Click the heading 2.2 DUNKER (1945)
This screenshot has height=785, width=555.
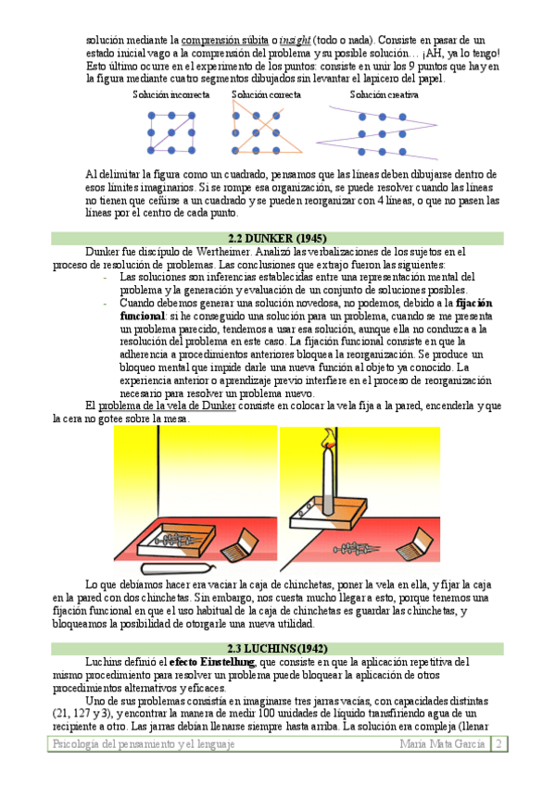click(x=277, y=238)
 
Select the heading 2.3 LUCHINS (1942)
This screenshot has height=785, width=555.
click(x=277, y=648)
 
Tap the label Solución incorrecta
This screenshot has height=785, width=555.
click(x=171, y=94)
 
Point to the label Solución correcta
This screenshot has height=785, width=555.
click(x=266, y=94)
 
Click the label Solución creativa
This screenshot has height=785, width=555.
click(x=384, y=94)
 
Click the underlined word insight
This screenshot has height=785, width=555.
click(x=295, y=40)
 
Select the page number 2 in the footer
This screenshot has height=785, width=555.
click(x=498, y=743)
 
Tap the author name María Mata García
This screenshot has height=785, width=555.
click(x=442, y=744)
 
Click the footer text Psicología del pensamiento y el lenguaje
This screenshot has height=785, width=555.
click(x=144, y=744)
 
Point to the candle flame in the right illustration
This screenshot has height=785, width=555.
click(x=329, y=439)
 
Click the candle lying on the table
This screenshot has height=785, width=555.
click(x=178, y=568)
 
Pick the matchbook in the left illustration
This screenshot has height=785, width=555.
click(x=240, y=545)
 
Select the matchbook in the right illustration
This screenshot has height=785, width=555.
click(x=415, y=544)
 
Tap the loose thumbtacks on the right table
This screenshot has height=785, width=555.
click(x=356, y=549)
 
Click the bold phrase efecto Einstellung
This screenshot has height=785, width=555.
click(x=212, y=662)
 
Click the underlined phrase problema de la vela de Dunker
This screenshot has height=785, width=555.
click(x=167, y=405)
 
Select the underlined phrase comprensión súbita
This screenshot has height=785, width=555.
click(x=224, y=40)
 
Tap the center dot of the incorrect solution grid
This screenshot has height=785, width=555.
click(x=171, y=132)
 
